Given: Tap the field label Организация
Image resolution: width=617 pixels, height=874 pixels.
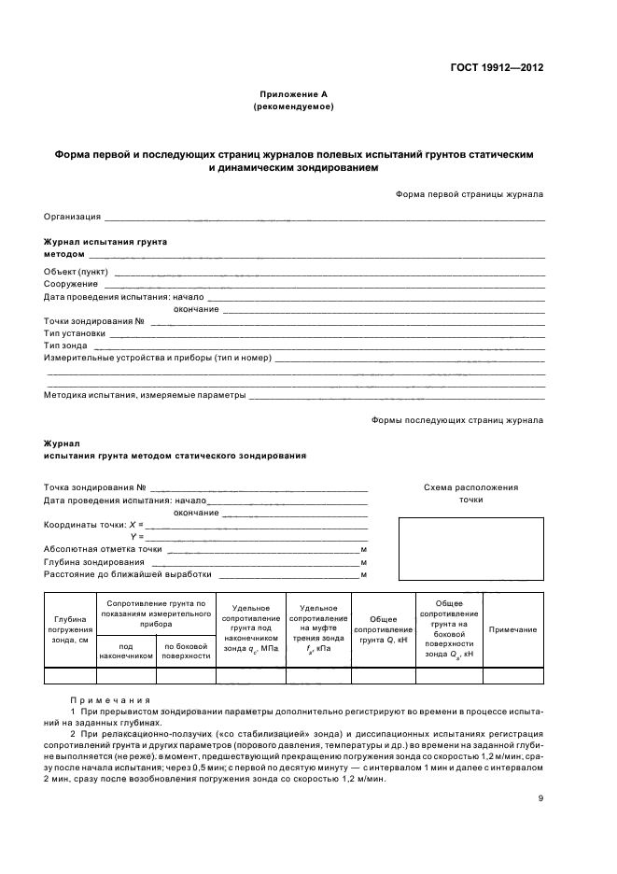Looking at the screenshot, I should click(72, 217).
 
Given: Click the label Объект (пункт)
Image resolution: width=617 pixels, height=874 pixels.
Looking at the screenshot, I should click(76, 272).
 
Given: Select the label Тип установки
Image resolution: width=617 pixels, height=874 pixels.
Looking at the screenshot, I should click(75, 333).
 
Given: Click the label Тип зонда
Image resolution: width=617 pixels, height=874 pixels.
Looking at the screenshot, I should click(65, 345).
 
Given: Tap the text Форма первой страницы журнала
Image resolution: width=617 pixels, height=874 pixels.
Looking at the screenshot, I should click(470, 194).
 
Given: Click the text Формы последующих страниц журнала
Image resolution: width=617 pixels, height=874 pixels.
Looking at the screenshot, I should click(457, 420).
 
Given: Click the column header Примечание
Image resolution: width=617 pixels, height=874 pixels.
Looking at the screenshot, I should click(512, 629).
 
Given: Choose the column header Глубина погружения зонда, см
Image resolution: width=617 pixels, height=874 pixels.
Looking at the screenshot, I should click(70, 629).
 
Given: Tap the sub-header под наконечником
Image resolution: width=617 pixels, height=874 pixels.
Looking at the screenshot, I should click(125, 650).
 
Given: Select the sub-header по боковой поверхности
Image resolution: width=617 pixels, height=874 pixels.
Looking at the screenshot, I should click(186, 650).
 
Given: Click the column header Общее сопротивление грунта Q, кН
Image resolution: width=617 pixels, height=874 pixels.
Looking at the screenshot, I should click(384, 629).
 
